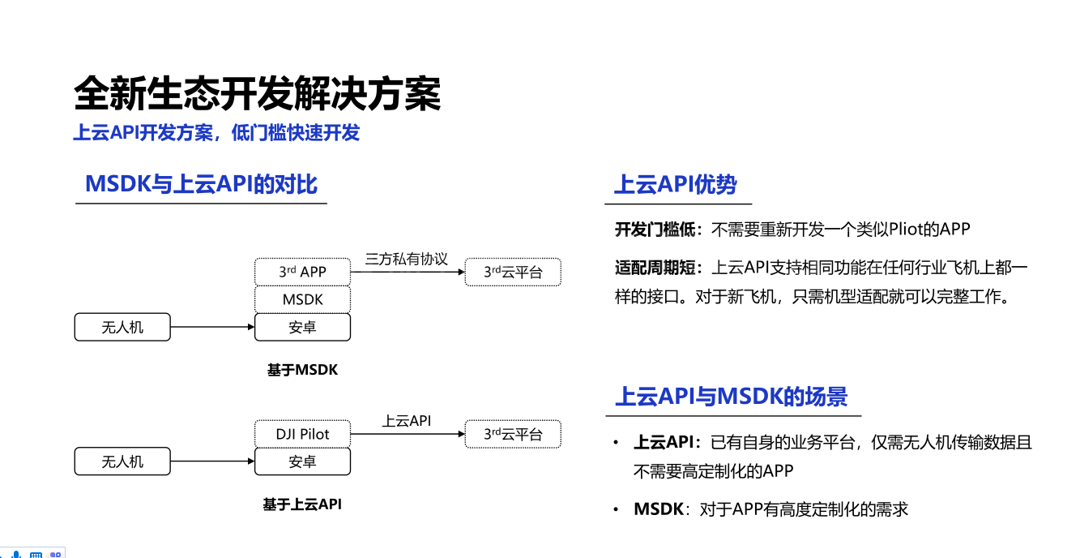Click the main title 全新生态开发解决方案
[x=257, y=95]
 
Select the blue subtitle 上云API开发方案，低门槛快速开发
[x=216, y=133]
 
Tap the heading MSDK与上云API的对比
[x=201, y=184]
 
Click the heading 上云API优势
[x=675, y=185]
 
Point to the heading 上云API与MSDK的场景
[x=731, y=397]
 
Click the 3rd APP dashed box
[x=302, y=272]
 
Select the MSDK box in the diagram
[x=302, y=299]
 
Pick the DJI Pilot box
[x=302, y=434]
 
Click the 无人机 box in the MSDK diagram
[x=122, y=327]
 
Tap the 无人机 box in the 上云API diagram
[x=122, y=461]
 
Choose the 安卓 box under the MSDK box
[x=302, y=327]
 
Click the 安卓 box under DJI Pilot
[x=302, y=461]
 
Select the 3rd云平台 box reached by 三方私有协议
[x=512, y=272]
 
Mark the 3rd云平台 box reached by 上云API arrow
[x=512, y=434]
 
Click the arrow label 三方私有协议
[x=406, y=259]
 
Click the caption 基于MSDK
[x=302, y=370]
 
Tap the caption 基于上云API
[x=302, y=504]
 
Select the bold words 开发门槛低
[x=655, y=230]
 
